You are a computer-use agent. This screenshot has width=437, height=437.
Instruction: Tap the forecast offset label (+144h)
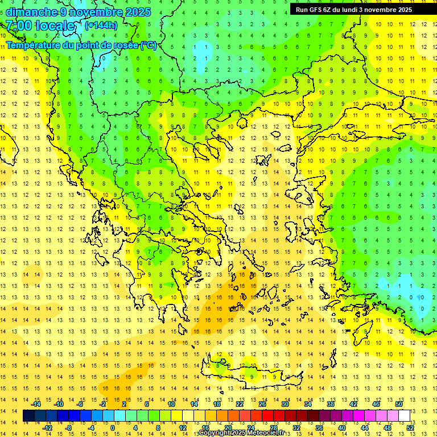tap(101, 25)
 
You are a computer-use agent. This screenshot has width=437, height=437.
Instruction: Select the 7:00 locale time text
tap(40, 26)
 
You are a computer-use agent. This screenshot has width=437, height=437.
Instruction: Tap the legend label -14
tap(36, 404)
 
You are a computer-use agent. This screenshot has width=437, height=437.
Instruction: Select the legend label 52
tap(411, 428)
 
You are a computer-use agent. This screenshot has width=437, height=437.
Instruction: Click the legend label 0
tap(113, 428)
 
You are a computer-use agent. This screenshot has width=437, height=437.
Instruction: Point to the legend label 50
tap(399, 404)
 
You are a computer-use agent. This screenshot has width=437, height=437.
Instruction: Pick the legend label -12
tap(48, 428)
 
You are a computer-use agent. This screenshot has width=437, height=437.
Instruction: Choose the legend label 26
tap(262, 404)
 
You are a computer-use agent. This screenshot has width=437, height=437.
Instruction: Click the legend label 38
tap(331, 404)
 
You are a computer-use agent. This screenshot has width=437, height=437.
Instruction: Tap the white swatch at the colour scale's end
tap(405, 416)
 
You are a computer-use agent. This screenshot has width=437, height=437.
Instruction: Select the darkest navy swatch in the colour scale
tap(28, 416)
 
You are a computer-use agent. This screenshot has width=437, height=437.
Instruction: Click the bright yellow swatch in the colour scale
tap(176, 416)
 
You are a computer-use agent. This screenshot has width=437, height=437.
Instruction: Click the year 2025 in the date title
tap(138, 12)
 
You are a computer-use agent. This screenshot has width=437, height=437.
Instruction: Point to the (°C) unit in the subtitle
tap(148, 45)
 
